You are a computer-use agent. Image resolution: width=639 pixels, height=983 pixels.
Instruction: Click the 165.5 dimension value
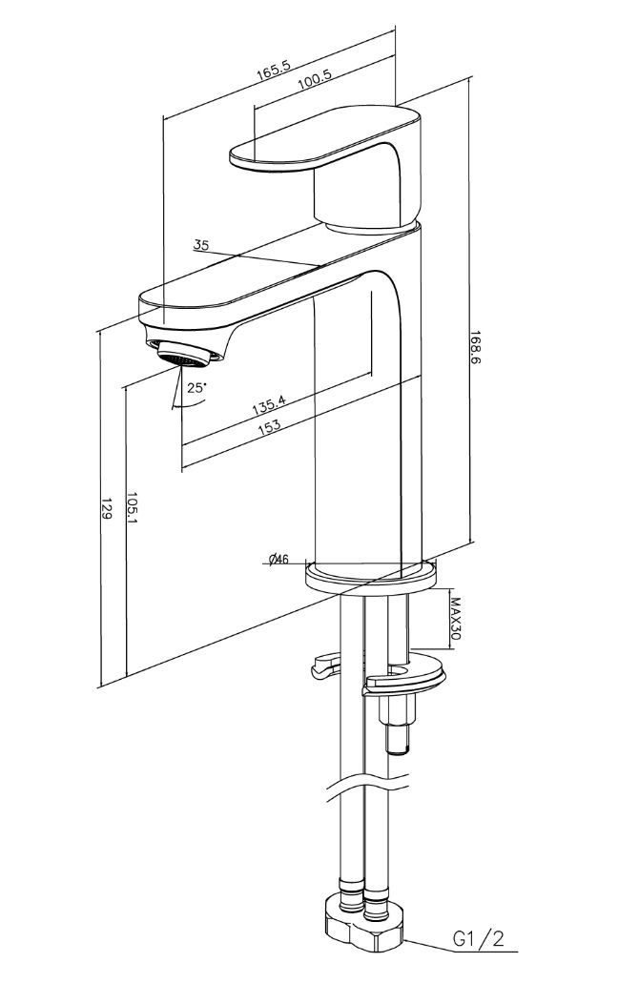274,71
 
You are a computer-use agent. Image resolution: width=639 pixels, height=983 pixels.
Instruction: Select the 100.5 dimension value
314,80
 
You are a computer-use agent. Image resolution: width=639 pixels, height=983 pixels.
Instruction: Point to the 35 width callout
200,244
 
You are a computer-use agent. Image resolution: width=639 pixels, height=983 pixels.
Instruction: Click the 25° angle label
196,387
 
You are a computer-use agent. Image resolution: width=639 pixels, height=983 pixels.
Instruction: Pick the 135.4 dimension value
268,404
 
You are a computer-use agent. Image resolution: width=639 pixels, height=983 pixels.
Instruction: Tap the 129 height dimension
106,508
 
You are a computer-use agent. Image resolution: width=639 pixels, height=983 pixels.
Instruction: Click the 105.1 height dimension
132,507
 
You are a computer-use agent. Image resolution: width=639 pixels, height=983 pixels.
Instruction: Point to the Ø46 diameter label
278,560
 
